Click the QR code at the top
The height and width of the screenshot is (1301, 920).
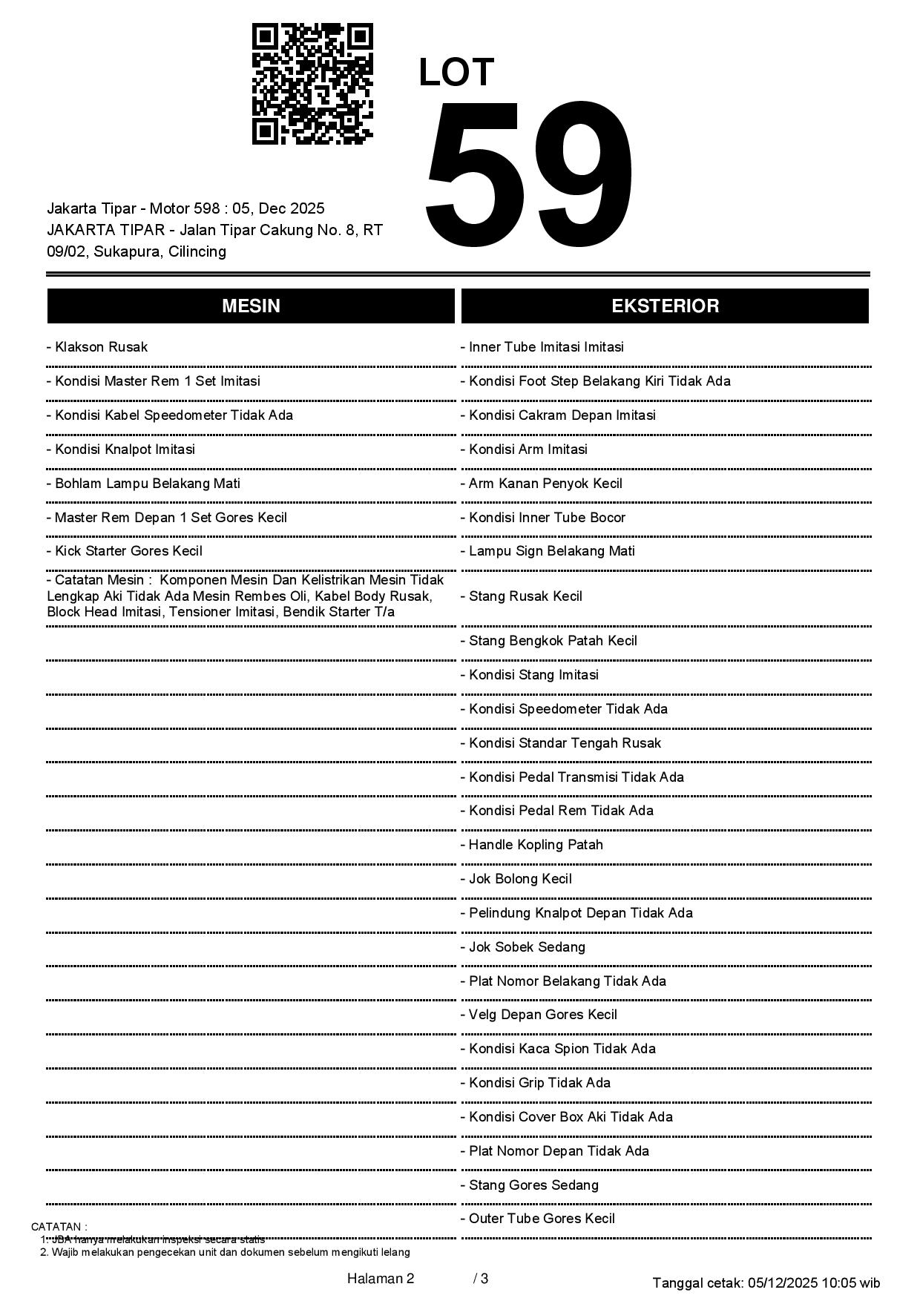click(x=312, y=84)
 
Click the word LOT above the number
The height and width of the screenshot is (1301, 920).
click(x=456, y=73)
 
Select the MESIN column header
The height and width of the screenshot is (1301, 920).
click(x=251, y=306)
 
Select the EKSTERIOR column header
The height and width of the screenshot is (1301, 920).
click(x=665, y=306)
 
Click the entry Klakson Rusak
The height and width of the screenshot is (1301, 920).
click(x=97, y=347)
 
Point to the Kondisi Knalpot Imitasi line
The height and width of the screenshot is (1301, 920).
click(x=121, y=449)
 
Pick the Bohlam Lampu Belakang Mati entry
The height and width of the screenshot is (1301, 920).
click(x=143, y=484)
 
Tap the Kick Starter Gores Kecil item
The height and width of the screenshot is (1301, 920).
click(x=124, y=551)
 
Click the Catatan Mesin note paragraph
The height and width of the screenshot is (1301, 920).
click(x=245, y=596)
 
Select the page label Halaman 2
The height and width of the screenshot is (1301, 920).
click(x=381, y=1279)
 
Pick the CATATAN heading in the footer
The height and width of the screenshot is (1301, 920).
click(x=59, y=1227)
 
